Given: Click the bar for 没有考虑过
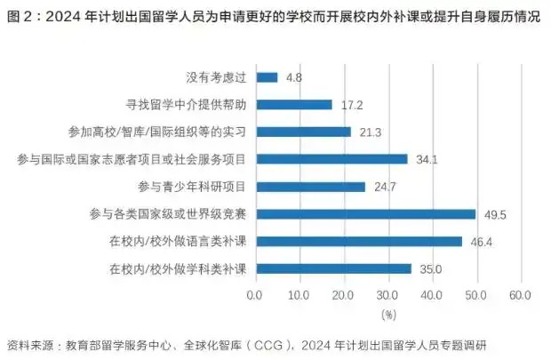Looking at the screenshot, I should (x=267, y=77).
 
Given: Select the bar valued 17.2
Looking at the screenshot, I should (x=293, y=105).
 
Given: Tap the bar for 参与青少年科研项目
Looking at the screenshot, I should (x=310, y=187).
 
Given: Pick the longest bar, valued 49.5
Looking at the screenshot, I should (x=365, y=213).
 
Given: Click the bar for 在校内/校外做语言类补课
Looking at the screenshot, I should (x=358, y=241).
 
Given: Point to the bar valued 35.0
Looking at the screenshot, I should (x=333, y=268).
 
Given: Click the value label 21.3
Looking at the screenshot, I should (x=371, y=132).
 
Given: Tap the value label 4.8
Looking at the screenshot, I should (x=294, y=78).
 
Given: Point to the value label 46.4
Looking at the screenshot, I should (x=482, y=242).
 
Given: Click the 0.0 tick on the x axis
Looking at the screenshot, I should (x=256, y=295).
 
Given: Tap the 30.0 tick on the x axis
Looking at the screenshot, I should (x=387, y=295).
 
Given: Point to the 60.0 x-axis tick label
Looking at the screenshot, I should (x=520, y=295).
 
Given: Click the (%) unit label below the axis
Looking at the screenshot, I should (x=387, y=314).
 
